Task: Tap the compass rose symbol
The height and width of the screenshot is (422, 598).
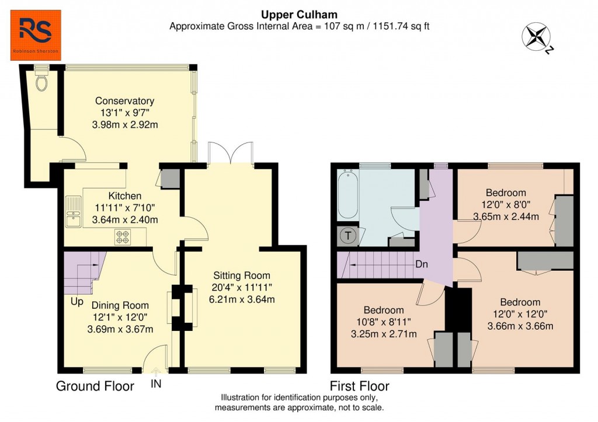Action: click(536, 36)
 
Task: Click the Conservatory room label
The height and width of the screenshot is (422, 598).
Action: click(125, 101)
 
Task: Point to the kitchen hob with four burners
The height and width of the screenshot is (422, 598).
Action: click(123, 236)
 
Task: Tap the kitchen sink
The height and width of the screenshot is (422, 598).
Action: click(74, 212)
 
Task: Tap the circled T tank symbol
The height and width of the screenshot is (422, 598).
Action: click(348, 236)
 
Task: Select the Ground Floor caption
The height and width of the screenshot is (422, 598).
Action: click(95, 386)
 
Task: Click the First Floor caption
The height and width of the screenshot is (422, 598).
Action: click(359, 386)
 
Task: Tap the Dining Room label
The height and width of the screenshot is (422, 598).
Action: click(120, 305)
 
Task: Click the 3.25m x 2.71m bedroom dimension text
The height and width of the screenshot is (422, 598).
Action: click(384, 334)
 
